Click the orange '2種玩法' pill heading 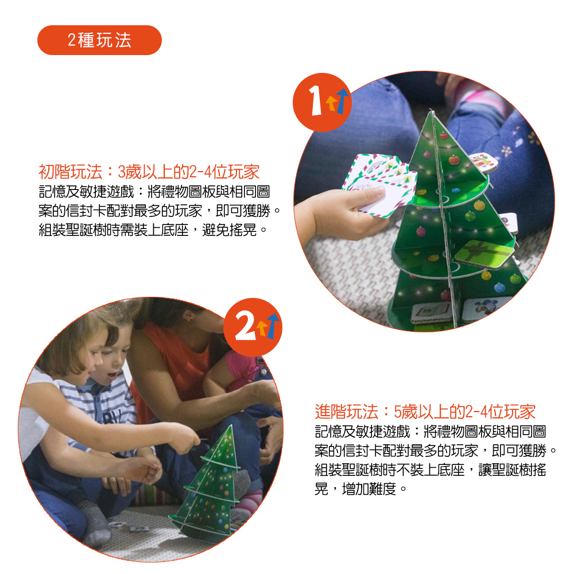click(99, 40)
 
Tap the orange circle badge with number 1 click(322, 102)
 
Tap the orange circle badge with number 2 click(253, 327)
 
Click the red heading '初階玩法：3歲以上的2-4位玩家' click(149, 172)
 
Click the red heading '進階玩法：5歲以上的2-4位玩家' click(425, 412)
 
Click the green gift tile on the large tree click(483, 253)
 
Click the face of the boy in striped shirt click(113, 362)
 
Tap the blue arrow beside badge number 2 click(273, 325)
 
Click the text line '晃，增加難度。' click(360, 488)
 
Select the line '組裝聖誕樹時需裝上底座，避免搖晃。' click(153, 230)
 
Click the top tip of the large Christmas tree click(430, 109)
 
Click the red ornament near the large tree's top click(444, 136)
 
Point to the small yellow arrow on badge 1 click(331, 103)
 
